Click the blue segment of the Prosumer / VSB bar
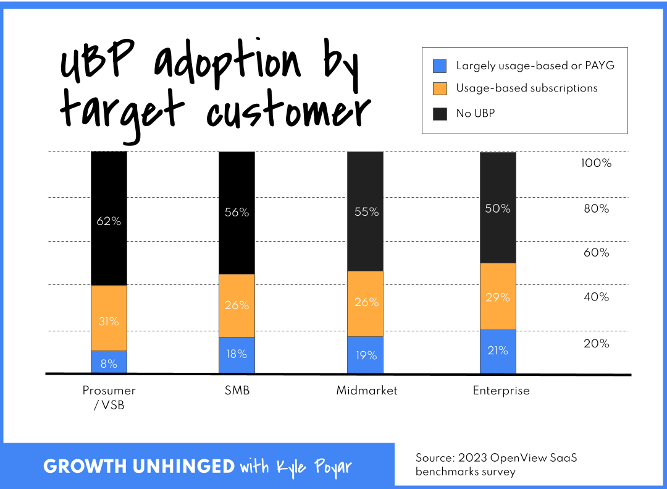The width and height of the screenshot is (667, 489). coord(109,362)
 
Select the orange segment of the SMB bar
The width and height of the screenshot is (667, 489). coord(237,305)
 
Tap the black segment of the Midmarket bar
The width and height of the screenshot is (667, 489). coord(365,211)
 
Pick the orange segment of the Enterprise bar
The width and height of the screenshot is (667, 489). coord(498,297)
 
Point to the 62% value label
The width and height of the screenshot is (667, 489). coord(109,221)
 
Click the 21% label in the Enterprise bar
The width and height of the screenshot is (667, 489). coord(498,351)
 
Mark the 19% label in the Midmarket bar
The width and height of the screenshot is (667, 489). coord(365,355)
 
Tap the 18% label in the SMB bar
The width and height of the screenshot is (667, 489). coord(237,354)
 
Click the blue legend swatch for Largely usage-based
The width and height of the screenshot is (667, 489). coord(440,66)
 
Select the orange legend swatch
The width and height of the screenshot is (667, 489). coord(440,88)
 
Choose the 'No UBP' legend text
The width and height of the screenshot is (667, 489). coord(475,113)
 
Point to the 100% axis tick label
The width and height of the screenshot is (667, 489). coord(596,164)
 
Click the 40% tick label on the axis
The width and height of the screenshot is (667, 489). coord(596,297)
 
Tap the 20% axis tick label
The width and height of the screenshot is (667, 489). coord(596,344)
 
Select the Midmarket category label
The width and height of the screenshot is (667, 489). coord(367,391)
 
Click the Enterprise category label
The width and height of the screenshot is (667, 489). coord(501,391)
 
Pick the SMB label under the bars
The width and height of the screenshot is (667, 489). coord(237,391)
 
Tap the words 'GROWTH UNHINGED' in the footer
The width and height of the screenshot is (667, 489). coord(139,467)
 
